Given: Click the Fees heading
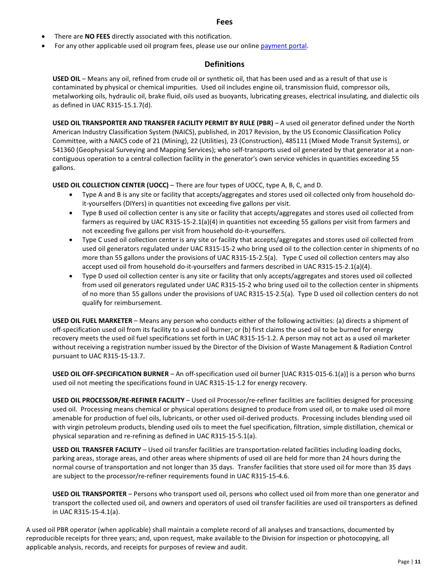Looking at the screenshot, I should point(224,22).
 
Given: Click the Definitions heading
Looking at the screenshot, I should point(224,64).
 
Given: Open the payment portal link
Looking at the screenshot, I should point(284,46).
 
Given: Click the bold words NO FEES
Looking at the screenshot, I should point(97,36).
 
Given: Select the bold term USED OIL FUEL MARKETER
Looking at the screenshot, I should point(92,321).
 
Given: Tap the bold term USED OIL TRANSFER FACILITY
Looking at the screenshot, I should point(97,450).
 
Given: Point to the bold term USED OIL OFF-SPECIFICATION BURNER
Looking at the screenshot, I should point(111,374).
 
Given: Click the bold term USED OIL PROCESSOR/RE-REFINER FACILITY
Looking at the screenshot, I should point(119,400).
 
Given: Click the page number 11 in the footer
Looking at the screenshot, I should point(417,562).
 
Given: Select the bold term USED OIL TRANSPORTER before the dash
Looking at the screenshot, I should point(89,494).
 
